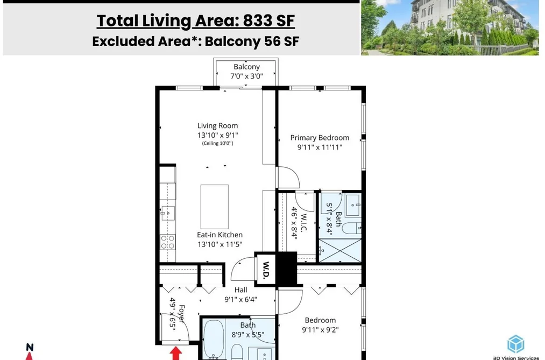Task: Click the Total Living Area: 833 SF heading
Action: click(196, 21)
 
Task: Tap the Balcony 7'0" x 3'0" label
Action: click(246, 72)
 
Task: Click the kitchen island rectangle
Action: click(215, 207)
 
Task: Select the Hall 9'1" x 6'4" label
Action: click(240, 295)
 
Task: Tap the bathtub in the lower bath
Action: click(214, 339)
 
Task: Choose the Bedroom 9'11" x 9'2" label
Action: click(320, 325)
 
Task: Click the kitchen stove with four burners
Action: click(167, 242)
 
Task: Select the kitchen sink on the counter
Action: click(167, 213)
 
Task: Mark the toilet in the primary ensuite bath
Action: click(352, 228)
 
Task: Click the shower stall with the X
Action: click(340, 251)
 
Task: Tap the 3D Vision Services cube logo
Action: click(515, 344)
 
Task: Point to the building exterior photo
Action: click(450, 27)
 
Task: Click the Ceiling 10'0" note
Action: click(217, 143)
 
